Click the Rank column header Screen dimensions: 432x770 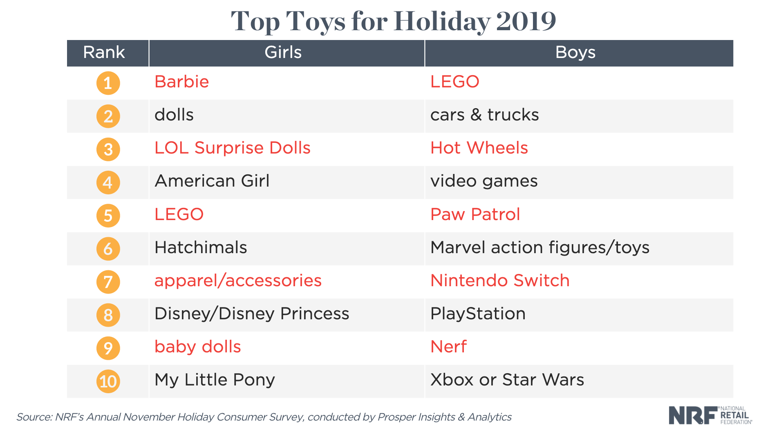tap(104, 53)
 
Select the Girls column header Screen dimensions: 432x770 tap(283, 53)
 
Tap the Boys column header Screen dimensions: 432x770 tap(575, 53)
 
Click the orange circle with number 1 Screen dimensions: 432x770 tap(108, 83)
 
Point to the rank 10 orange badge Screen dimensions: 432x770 tap(108, 381)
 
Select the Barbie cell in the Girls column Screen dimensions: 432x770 tap(181, 82)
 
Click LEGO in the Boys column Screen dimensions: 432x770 tap(454, 82)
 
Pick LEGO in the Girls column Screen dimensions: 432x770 tap(179, 214)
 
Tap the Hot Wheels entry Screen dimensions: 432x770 tap(479, 148)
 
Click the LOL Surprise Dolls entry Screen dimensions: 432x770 tap(232, 148)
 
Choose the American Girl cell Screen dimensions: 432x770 tap(212, 181)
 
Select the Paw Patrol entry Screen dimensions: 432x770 tap(475, 214)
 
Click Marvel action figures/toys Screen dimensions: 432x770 tap(539, 247)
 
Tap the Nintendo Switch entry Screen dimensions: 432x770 tap(499, 281)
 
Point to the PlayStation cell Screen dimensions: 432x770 tap(477, 314)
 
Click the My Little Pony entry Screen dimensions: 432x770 tap(214, 380)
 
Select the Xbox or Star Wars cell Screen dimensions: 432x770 tap(507, 380)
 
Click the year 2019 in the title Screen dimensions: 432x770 tap(526, 21)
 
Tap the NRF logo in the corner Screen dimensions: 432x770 tap(710, 415)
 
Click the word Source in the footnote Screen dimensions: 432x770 tap(34, 417)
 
